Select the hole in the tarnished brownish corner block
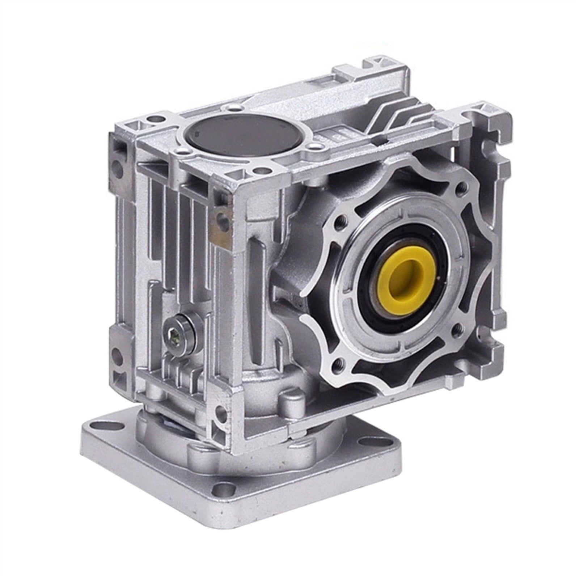221,219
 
